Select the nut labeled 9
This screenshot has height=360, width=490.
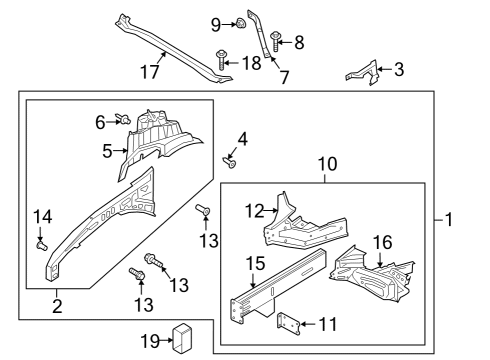point(243,24)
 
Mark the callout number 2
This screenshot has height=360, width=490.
point(57,306)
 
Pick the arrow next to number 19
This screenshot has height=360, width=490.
point(166,340)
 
